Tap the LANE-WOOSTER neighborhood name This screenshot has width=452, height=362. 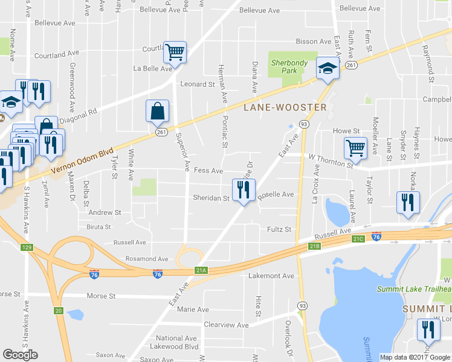tap(285, 107)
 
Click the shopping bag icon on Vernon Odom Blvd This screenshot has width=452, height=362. tap(157, 111)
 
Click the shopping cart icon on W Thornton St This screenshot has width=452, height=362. tap(355, 147)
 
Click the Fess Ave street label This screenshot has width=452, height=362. tap(208, 171)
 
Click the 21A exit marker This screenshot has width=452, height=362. tap(201, 271)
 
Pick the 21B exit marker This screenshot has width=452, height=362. tap(313, 246)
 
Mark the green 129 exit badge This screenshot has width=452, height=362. tap(26, 247)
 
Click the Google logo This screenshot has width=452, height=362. tap(20, 355)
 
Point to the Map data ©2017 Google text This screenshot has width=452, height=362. tap(415, 357)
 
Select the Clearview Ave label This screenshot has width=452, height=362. tap(226, 325)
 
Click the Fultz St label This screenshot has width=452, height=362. tap(279, 229)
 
